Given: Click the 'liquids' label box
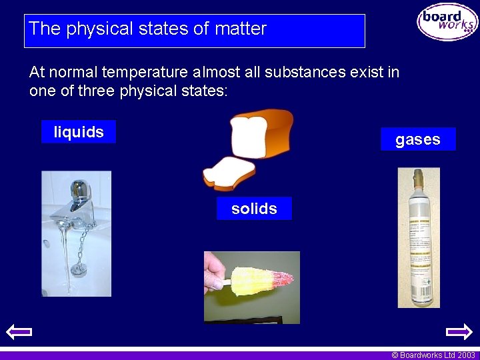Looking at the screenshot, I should pyautogui.click(x=78, y=132).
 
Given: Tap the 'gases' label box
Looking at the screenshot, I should pyautogui.click(x=418, y=139).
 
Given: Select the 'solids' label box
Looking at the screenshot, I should pyautogui.click(x=254, y=209).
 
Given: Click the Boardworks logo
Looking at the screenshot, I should pyautogui.click(x=447, y=22).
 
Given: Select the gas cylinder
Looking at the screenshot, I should pyautogui.click(x=419, y=247).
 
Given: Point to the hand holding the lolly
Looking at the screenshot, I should pyautogui.click(x=215, y=273).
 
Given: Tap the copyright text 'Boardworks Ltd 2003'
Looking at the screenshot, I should pyautogui.click(x=433, y=355).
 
